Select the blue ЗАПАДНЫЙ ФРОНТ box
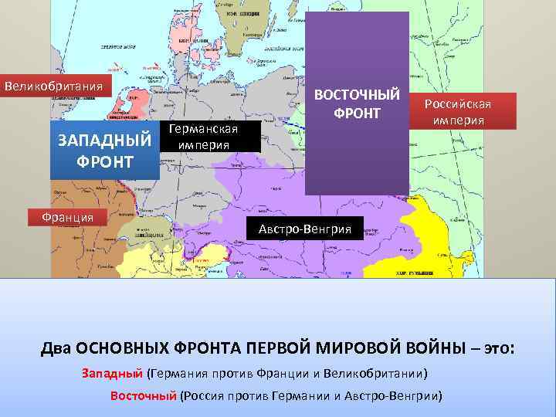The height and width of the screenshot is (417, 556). (104, 151)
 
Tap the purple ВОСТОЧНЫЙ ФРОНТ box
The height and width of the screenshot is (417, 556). (357, 104)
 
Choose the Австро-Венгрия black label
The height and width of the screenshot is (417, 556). (304, 229)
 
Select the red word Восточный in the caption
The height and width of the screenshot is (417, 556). (144, 396)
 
